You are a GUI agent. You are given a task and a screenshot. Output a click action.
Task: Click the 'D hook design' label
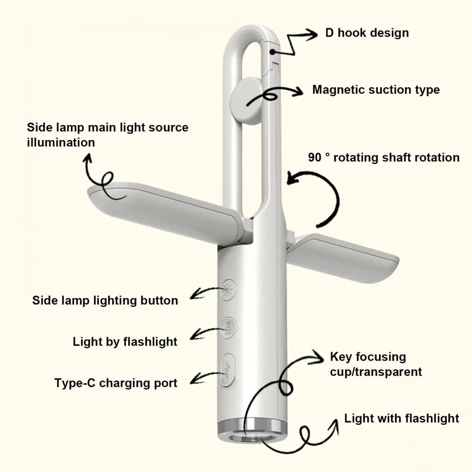tap(366, 33)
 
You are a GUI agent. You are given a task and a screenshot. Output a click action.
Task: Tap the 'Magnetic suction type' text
tap(376, 90)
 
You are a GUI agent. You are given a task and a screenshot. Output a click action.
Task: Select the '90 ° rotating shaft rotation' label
tap(383, 157)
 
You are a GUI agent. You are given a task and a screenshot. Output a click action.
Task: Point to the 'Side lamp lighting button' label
tap(105, 300)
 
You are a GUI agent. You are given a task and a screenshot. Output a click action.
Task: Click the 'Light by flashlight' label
tap(125, 341)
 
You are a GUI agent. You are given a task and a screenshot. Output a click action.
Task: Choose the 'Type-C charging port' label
tap(116, 382)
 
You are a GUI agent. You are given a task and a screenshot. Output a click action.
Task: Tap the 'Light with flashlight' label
tap(401, 418)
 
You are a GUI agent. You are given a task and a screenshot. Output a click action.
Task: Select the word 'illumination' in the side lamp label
tap(61, 142)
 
